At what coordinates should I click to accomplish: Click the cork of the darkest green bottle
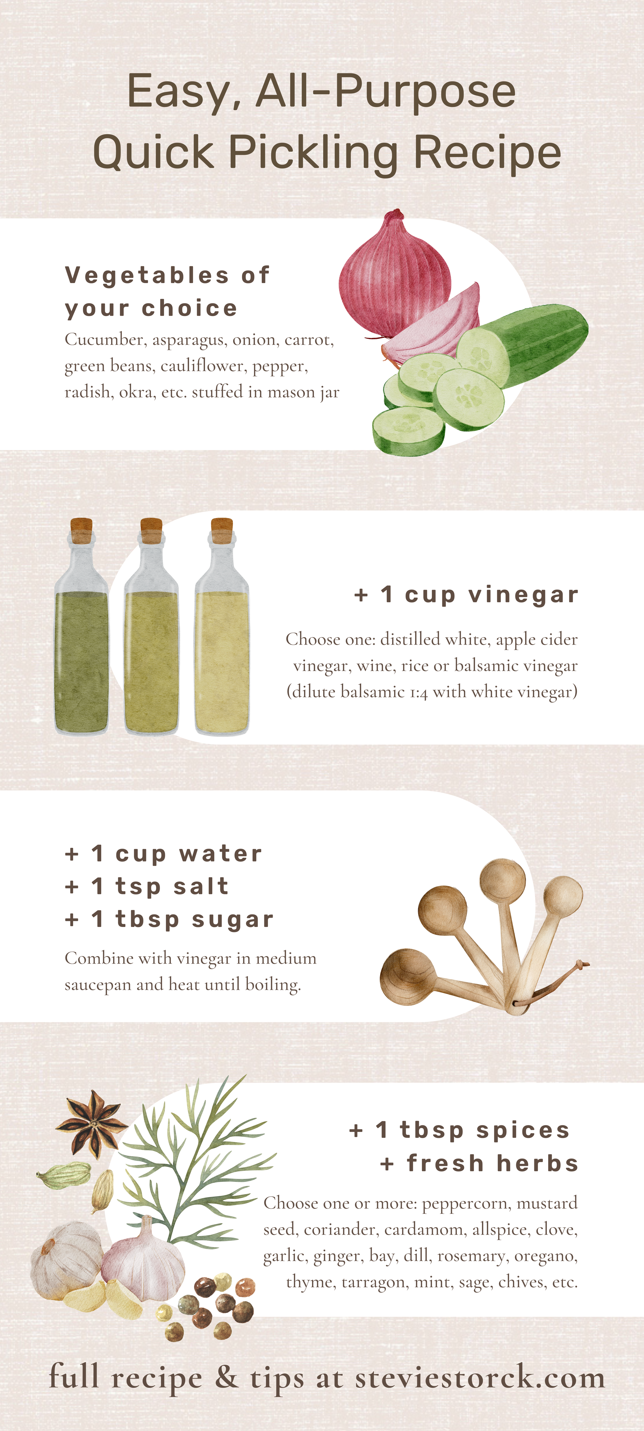(x=82, y=529)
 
